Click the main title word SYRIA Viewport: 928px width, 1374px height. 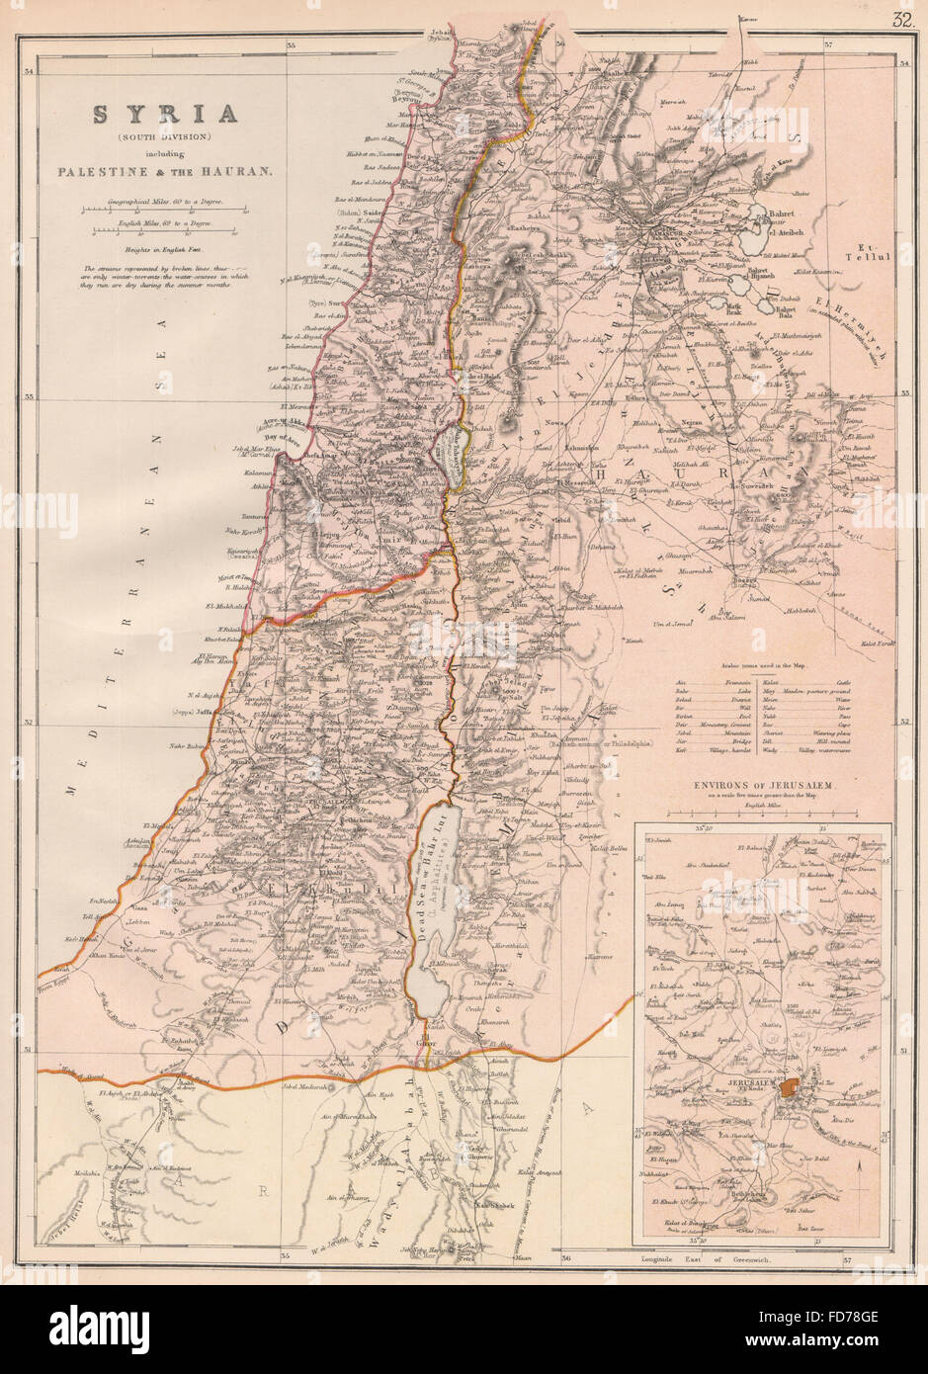(165, 114)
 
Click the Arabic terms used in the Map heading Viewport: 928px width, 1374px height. (755, 668)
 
